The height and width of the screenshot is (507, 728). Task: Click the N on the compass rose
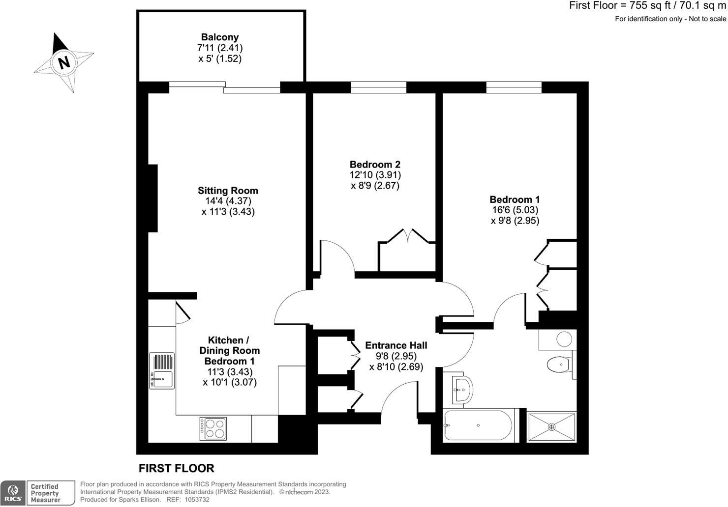pyautogui.click(x=63, y=62)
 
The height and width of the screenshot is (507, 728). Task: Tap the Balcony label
pyautogui.click(x=220, y=37)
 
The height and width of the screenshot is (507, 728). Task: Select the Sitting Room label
pyautogui.click(x=228, y=191)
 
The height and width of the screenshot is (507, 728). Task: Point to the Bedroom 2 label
pyautogui.click(x=375, y=165)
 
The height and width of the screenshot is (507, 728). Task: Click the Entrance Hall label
pyautogui.click(x=396, y=345)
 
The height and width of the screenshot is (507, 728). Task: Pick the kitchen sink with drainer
pyautogui.click(x=162, y=371)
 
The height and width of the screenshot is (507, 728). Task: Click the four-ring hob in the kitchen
pyautogui.click(x=213, y=428)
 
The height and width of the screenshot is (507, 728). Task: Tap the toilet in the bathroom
pyautogui.click(x=559, y=365)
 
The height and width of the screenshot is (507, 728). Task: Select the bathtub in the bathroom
pyautogui.click(x=478, y=425)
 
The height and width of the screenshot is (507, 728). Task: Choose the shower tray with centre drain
pyautogui.click(x=551, y=426)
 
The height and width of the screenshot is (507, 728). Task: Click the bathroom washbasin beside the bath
pyautogui.click(x=461, y=390)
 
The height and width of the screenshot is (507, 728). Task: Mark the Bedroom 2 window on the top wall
pyautogui.click(x=379, y=87)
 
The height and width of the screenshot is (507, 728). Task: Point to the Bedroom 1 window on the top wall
pyautogui.click(x=514, y=87)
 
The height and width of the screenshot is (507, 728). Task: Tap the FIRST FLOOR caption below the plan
pyautogui.click(x=177, y=468)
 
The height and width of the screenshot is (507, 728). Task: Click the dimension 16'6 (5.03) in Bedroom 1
pyautogui.click(x=515, y=210)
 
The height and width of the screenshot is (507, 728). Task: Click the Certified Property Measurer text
pyautogui.click(x=45, y=493)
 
